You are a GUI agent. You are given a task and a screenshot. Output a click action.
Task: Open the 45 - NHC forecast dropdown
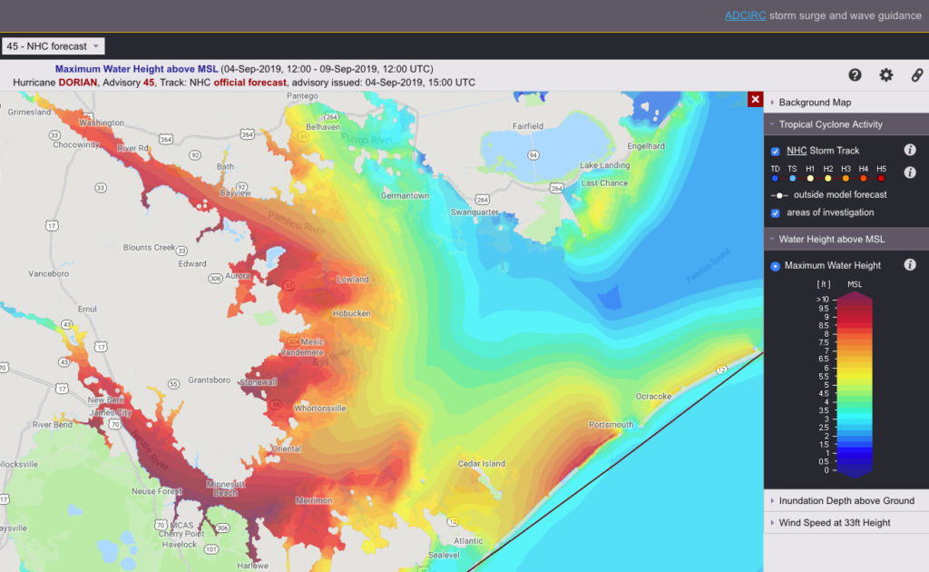pos(54,46)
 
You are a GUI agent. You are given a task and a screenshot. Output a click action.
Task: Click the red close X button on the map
pos(755,99)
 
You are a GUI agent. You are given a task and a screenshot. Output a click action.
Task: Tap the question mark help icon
pos(855,75)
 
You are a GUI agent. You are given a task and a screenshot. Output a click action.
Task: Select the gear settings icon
pos(885,75)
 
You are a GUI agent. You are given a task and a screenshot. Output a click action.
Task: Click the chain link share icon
pos(916,75)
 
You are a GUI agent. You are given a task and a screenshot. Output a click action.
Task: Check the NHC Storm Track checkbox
pos(775,151)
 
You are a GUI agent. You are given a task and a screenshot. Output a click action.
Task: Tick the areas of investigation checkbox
pos(775,212)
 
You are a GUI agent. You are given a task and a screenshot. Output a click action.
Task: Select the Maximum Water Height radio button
pos(775,266)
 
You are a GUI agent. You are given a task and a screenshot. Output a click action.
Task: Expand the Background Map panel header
pos(814,103)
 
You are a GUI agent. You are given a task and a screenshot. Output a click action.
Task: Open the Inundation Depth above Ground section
pos(846,500)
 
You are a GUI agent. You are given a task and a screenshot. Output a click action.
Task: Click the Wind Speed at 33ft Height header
pos(834,522)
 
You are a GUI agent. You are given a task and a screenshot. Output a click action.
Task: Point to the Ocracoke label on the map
pos(653,396)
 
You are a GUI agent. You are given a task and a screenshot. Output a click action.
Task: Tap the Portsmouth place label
pos(611,425)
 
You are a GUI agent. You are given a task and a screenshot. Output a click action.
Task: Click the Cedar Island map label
pos(482,464)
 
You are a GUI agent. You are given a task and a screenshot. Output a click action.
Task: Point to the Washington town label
pos(102,123)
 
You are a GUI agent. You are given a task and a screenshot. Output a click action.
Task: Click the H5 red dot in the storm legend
pos(881,179)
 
